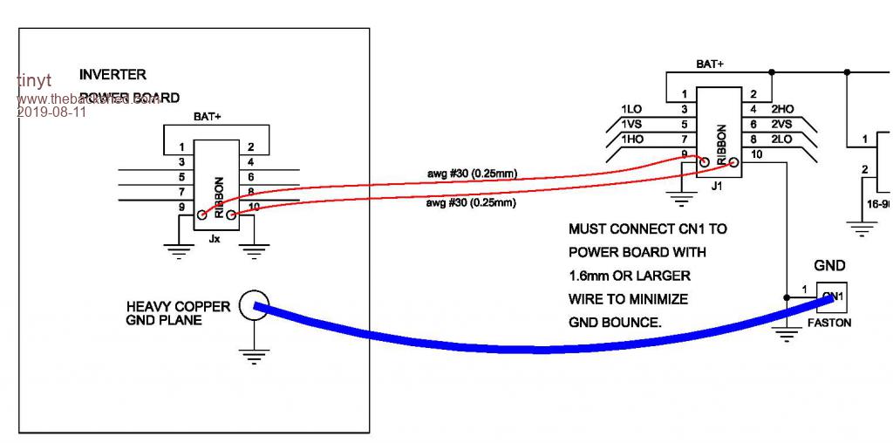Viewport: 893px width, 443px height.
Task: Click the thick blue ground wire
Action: click(541, 349)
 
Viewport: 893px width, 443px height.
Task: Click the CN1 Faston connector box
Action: click(831, 296)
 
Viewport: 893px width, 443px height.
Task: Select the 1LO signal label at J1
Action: click(631, 109)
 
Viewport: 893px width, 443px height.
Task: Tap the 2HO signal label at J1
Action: click(782, 109)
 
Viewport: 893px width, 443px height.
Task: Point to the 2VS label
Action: click(782, 125)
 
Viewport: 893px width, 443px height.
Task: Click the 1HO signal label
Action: click(631, 140)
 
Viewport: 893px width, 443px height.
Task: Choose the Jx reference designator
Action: click(215, 238)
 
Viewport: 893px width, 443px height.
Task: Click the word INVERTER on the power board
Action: click(112, 75)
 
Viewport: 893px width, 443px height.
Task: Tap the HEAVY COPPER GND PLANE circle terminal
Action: click(253, 306)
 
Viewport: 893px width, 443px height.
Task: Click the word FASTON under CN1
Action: click(829, 322)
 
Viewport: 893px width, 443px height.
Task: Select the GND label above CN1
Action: click(829, 266)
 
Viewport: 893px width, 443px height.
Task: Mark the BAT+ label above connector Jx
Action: click(207, 116)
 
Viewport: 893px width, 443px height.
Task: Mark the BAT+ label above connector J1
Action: click(709, 64)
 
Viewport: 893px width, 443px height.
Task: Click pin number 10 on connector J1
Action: click(755, 155)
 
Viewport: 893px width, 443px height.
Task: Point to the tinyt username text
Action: click(34, 80)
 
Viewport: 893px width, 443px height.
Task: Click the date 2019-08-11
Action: click(51, 112)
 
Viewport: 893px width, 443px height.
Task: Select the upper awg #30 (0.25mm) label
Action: click(472, 173)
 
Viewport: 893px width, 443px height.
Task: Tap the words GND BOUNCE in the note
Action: click(614, 322)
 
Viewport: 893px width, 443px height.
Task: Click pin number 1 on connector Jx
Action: click(181, 147)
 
